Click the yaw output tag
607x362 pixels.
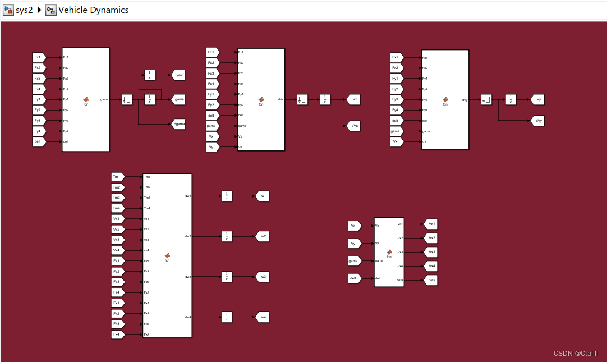178,75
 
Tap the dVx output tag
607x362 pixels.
354,126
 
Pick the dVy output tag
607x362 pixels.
538,121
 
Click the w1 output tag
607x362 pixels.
263,196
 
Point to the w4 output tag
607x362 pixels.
263,317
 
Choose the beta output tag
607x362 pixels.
431,280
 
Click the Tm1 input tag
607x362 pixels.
117,177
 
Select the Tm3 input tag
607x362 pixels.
117,198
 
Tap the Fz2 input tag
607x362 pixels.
117,271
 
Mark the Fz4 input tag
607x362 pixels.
117,292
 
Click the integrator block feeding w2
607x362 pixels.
227,236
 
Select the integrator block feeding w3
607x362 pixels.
227,277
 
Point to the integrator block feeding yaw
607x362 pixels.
150,75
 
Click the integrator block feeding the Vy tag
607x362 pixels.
511,99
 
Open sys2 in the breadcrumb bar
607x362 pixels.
24,10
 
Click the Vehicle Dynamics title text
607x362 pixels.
93,10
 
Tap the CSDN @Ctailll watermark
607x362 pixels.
576,354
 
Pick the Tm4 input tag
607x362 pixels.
117,208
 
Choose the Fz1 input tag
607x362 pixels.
117,261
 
